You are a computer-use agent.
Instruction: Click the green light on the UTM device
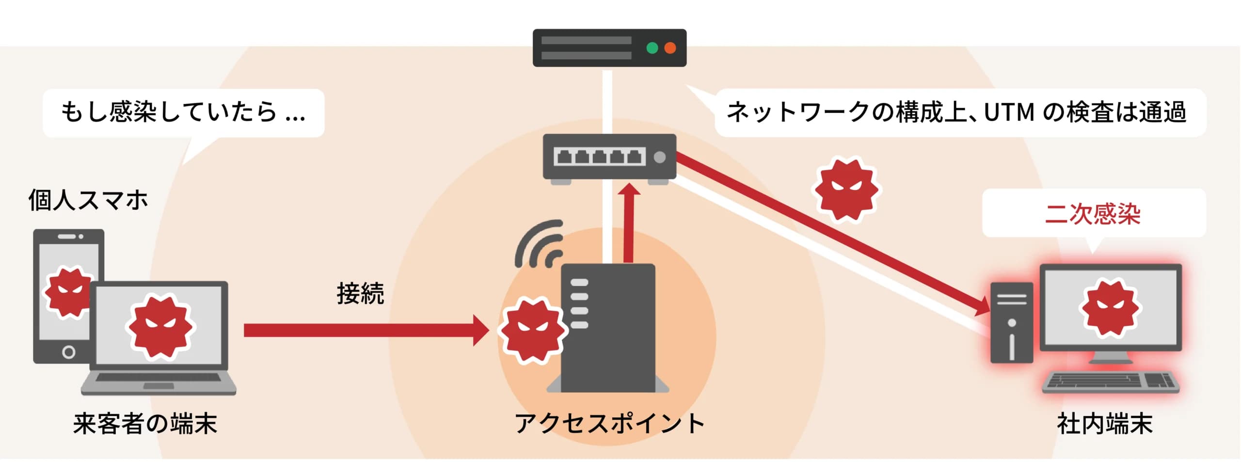pyautogui.click(x=652, y=48)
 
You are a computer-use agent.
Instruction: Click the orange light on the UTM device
pyautogui.click(x=670, y=48)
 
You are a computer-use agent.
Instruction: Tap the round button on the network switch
pyautogui.click(x=659, y=157)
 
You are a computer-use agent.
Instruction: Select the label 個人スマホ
pyautogui.click(x=88, y=200)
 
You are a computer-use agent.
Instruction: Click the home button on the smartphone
pyautogui.click(x=68, y=352)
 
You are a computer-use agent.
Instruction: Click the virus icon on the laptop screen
pyautogui.click(x=159, y=326)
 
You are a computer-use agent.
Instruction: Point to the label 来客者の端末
pyautogui.click(x=145, y=423)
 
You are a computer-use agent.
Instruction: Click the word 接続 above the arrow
pyautogui.click(x=360, y=294)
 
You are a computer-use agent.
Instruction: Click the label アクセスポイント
pyautogui.click(x=609, y=423)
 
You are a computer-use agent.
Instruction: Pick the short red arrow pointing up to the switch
pyautogui.click(x=629, y=223)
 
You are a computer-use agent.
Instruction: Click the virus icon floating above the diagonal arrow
pyautogui.click(x=846, y=189)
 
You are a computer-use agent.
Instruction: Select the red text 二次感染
pyautogui.click(x=1093, y=213)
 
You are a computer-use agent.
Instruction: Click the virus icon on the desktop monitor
pyautogui.click(x=1110, y=308)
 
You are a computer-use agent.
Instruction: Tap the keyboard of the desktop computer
pyautogui.click(x=1110, y=382)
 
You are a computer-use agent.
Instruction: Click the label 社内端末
pyautogui.click(x=1105, y=423)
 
